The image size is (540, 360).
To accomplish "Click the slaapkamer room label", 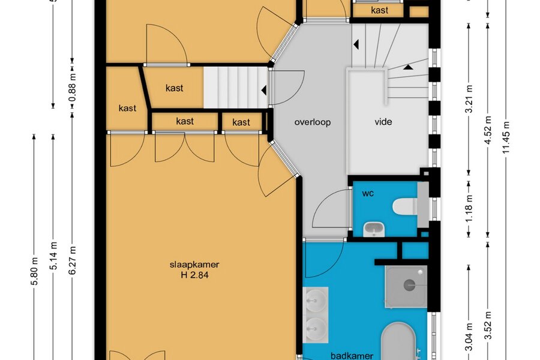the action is click(x=194, y=265).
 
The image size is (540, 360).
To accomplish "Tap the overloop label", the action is click(x=313, y=122).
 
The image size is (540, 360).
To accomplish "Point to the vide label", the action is click(x=383, y=122).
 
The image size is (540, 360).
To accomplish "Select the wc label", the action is click(x=368, y=193).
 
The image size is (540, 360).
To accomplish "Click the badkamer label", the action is click(x=352, y=356).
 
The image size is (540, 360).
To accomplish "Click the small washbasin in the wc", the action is click(x=374, y=229).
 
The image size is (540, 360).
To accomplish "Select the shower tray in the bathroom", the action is click(x=406, y=287).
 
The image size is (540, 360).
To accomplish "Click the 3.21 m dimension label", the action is click(x=469, y=99).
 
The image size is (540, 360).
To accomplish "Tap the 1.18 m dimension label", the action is click(x=469, y=209).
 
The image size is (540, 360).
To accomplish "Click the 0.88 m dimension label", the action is click(x=73, y=88).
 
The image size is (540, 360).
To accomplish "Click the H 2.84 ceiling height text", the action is click(x=194, y=275).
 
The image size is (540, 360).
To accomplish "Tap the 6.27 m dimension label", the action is click(x=73, y=260).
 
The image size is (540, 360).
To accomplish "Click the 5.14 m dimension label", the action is click(x=53, y=256).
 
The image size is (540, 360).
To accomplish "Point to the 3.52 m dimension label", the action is click(x=488, y=325).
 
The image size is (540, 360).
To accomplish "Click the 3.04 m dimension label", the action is click(x=469, y=337).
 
